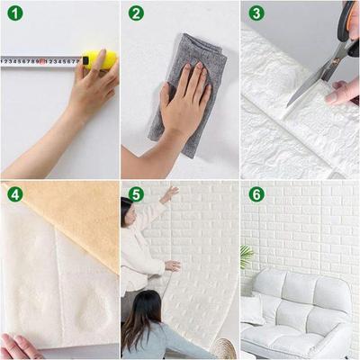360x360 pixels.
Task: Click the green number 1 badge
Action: pyautogui.click(x=14, y=13)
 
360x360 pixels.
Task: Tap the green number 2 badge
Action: pyautogui.click(x=136, y=13)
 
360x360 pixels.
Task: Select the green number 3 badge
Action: pyautogui.click(x=256, y=13)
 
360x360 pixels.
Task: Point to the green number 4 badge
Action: pyautogui.click(x=14, y=193)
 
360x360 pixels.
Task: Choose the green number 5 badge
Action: pyautogui.click(x=136, y=193)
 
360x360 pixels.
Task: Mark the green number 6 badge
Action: pyautogui.click(x=256, y=193)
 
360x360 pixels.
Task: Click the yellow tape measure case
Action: pyautogui.click(x=101, y=60)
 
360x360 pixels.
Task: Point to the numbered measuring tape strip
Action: pyautogui.click(x=40, y=61)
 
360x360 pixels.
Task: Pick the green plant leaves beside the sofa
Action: pyautogui.click(x=246, y=256)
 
